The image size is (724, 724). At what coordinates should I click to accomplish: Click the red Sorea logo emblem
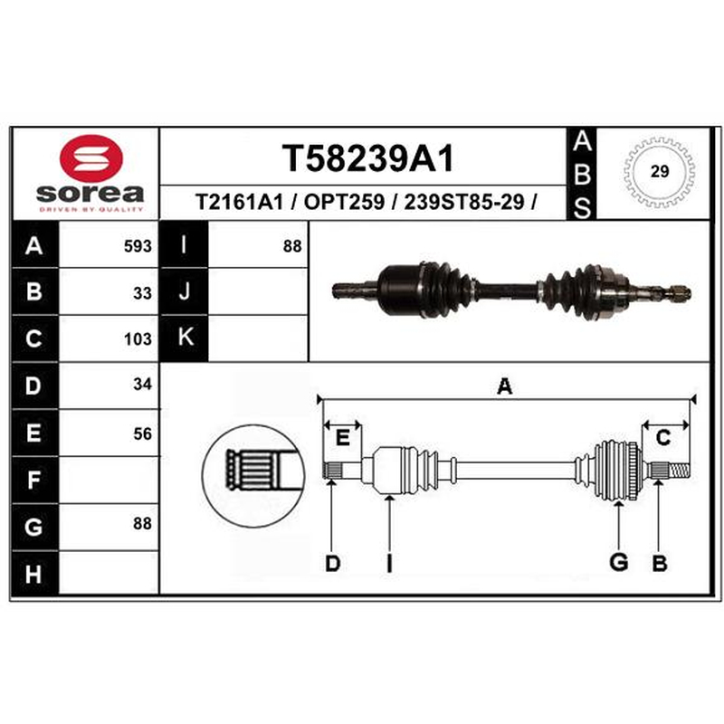click(x=91, y=158)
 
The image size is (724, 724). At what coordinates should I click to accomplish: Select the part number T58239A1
click(x=368, y=158)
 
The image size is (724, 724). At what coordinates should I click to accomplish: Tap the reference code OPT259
click(x=344, y=202)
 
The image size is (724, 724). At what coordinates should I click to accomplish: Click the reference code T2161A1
click(x=239, y=202)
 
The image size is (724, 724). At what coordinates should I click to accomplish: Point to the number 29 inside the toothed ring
click(x=660, y=171)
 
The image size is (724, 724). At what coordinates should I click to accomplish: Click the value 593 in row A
click(x=138, y=246)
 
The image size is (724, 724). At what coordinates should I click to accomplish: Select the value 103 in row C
click(x=138, y=339)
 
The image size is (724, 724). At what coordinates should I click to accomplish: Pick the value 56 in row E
click(x=142, y=433)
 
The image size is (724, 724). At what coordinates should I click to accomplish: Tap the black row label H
click(x=34, y=574)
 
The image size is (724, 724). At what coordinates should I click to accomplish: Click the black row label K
click(x=185, y=337)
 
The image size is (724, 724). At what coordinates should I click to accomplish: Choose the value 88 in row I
click(x=292, y=246)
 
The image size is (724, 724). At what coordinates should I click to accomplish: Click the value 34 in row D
click(x=142, y=384)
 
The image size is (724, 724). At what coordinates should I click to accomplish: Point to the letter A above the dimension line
click(x=505, y=386)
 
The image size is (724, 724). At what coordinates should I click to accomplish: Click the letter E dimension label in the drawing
click(x=342, y=437)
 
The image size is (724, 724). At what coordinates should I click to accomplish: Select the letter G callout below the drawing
click(x=619, y=562)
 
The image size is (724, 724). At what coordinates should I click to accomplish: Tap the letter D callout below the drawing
click(x=332, y=563)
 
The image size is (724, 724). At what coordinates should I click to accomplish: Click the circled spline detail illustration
click(x=253, y=476)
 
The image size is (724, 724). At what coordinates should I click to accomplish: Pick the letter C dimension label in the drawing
click(x=663, y=437)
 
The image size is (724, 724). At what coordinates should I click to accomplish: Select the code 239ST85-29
click(x=464, y=202)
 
